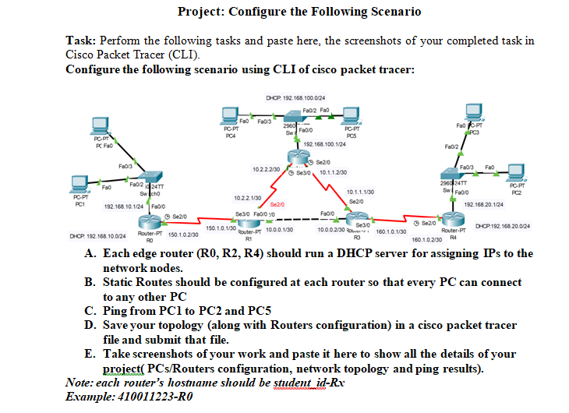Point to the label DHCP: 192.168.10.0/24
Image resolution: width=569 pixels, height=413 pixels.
[98, 235]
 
